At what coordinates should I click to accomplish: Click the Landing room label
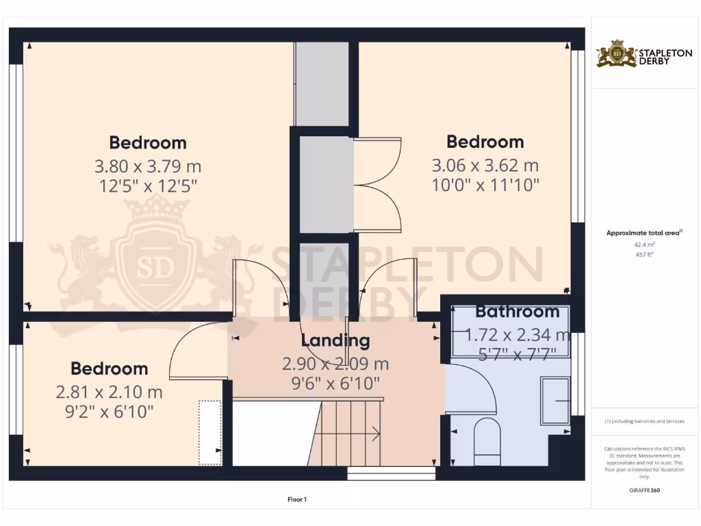[335, 340]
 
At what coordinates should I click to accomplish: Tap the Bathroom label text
[517, 312]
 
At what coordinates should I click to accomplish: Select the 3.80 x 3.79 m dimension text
[148, 166]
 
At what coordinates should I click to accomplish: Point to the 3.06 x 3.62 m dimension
[485, 165]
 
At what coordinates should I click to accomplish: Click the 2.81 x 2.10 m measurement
[110, 392]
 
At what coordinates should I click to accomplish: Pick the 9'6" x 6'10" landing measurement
[335, 384]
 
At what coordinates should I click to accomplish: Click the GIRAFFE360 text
[644, 490]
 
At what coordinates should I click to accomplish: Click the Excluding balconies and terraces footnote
[644, 421]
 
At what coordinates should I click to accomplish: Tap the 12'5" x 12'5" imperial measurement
[148, 186]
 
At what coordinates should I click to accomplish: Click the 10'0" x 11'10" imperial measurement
[485, 184]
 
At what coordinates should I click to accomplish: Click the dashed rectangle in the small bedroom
[209, 433]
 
